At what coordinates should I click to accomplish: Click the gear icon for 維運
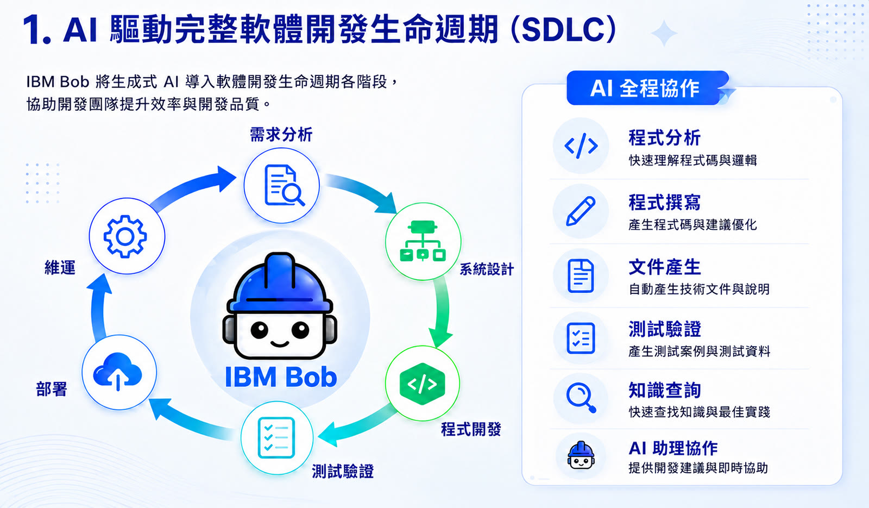125,236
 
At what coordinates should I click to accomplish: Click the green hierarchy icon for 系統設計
423,241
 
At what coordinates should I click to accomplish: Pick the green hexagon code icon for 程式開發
422,384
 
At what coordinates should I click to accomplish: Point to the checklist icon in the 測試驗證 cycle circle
276,438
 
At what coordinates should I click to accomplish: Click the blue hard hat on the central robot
280,283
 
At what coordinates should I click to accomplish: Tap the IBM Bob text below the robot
280,377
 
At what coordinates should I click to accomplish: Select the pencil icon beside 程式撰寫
581,211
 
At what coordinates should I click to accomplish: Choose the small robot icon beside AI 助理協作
581,456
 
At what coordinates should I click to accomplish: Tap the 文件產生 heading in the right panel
665,267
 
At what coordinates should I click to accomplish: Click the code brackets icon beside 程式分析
581,146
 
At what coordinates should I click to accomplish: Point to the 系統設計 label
487,269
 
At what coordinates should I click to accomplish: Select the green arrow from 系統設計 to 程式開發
443,310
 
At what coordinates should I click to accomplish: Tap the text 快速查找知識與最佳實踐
699,412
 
